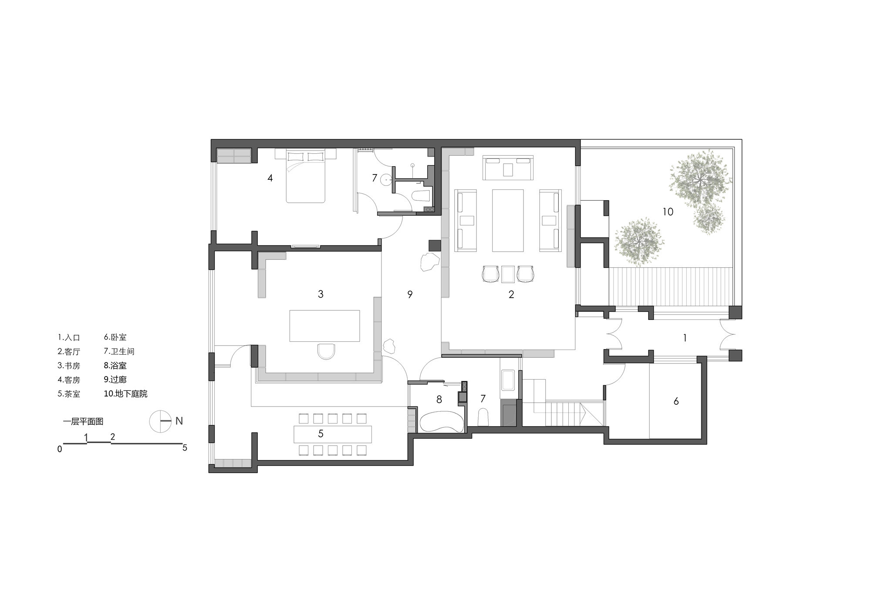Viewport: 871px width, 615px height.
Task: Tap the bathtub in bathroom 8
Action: [441, 421]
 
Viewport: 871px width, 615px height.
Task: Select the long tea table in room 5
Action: [333, 434]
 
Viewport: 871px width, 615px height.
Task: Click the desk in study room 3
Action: [325, 326]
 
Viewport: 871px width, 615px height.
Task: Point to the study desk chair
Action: [326, 351]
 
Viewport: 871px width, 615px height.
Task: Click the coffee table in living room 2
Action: [508, 220]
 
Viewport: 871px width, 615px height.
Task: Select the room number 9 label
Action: [410, 295]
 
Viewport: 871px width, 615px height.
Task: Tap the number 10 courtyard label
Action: [668, 212]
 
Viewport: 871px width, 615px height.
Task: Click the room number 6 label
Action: [676, 401]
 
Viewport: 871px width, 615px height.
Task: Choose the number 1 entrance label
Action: [685, 338]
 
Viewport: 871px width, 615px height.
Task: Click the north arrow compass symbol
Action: [160, 421]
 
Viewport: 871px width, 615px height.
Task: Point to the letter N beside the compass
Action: [179, 421]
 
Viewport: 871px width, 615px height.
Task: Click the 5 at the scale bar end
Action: [185, 447]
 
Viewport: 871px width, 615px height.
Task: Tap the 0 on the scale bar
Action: [60, 449]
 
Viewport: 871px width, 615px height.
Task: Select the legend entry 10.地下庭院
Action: [125, 394]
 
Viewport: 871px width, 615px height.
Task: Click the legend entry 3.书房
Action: [69, 366]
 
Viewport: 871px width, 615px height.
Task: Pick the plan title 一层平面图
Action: [83, 421]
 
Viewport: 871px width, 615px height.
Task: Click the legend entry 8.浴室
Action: [115, 366]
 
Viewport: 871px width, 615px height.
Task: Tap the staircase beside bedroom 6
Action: [564, 414]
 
